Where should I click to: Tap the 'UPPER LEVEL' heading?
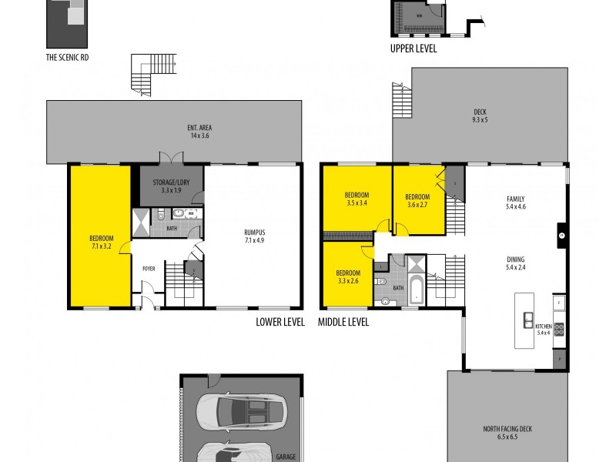(413, 49)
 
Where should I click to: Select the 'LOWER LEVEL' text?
(280, 322)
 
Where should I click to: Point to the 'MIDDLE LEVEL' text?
(343, 322)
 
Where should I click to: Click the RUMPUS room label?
(254, 236)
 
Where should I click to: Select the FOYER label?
(149, 269)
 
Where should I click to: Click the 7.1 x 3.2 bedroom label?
(101, 242)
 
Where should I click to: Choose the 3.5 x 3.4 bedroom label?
(357, 199)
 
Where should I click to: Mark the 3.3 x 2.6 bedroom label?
(347, 276)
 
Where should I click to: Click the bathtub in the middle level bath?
(417, 290)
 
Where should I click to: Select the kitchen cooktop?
(560, 329)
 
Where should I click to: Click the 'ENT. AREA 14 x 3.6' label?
(199, 131)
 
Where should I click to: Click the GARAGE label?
(286, 457)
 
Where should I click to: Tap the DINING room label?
(516, 263)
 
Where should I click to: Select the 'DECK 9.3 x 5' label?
(480, 115)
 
